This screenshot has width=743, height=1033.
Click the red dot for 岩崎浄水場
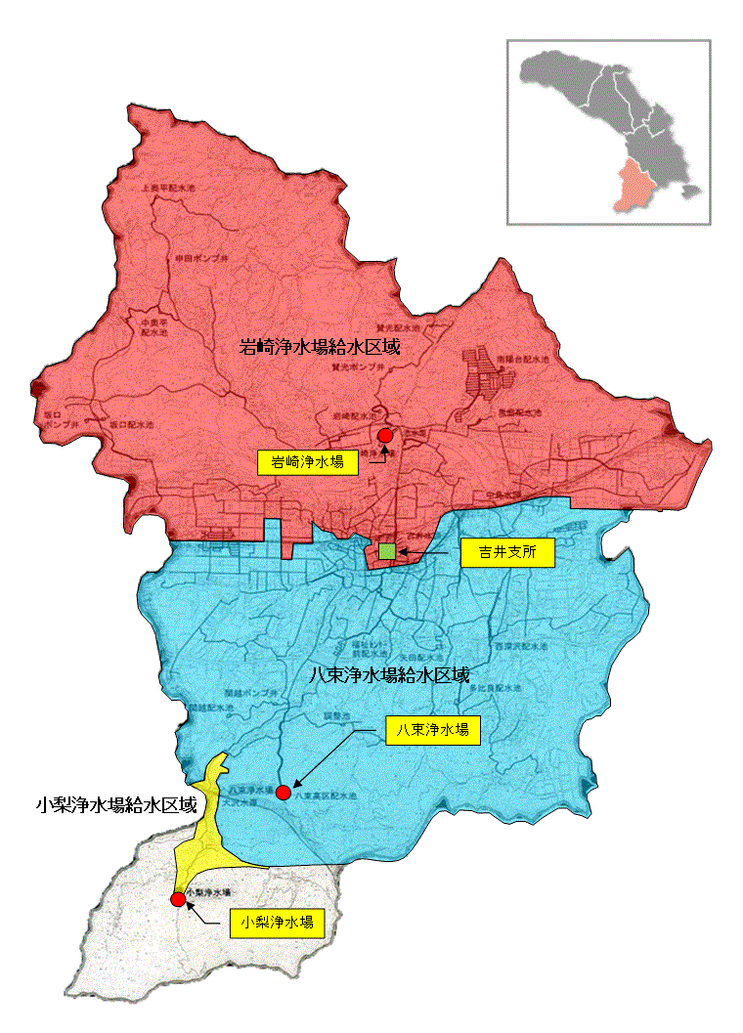pyautogui.click(x=384, y=435)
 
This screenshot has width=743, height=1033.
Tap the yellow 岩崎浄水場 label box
pyautogui.click(x=307, y=462)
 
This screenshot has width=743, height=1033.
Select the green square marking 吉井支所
pyautogui.click(x=388, y=552)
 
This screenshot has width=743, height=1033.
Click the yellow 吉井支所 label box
pyautogui.click(x=506, y=554)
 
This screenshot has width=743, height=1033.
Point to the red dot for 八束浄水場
pyautogui.click(x=284, y=791)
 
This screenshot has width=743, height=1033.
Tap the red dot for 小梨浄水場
pyautogui.click(x=177, y=899)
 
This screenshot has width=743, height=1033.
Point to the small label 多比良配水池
pyautogui.click(x=493, y=688)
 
